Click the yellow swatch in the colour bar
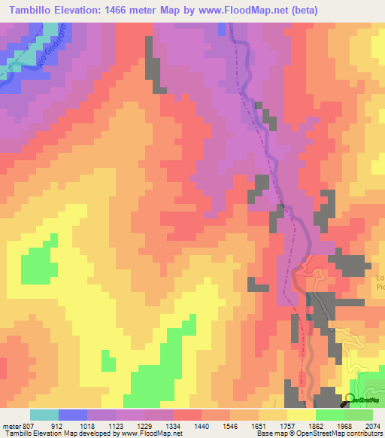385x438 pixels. [301, 415]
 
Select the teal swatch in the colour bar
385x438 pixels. [44, 415]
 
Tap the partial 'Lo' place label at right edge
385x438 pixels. [380, 278]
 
